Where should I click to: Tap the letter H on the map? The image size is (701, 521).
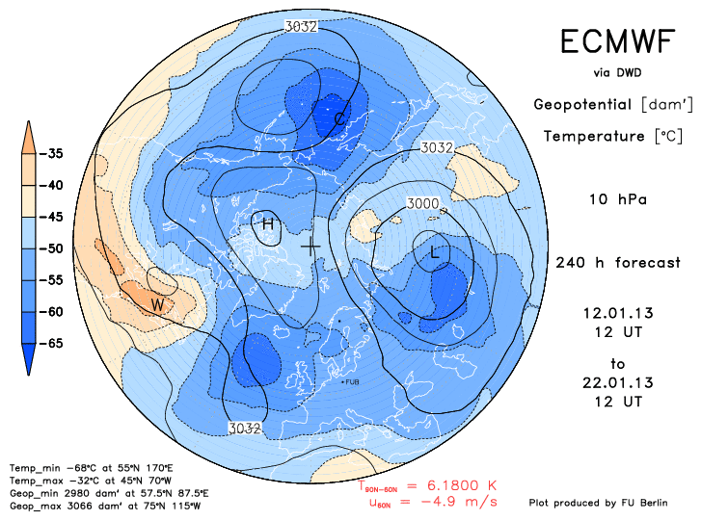[x=268, y=224]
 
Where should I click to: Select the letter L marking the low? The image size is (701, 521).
[x=436, y=251]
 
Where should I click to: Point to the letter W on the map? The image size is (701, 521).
[x=158, y=305]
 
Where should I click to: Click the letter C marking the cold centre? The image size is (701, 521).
[x=340, y=118]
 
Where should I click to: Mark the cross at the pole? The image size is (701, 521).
[x=310, y=247]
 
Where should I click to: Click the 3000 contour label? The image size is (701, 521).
[x=421, y=203]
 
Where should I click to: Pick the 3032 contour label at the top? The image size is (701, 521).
[x=302, y=27]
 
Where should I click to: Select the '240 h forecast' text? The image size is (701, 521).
[x=618, y=263]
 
